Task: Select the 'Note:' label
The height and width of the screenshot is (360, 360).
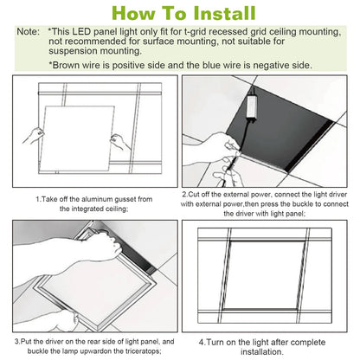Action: tap(28, 30)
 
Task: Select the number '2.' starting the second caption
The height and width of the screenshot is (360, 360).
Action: tap(186, 195)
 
